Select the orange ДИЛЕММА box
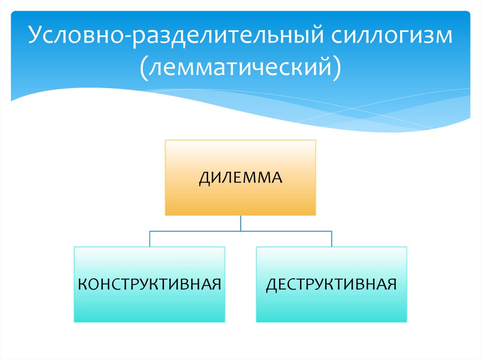click(x=240, y=177)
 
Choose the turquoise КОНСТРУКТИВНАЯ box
click(x=149, y=284)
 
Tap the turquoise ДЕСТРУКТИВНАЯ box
click(x=332, y=284)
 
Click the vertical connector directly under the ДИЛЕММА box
click(x=240, y=223)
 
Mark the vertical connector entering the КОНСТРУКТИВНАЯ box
click(x=149, y=238)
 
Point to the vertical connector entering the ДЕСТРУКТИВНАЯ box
click(x=332, y=238)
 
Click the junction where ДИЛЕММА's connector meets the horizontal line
click(x=240, y=231)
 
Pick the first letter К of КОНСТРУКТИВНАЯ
click(x=82, y=284)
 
